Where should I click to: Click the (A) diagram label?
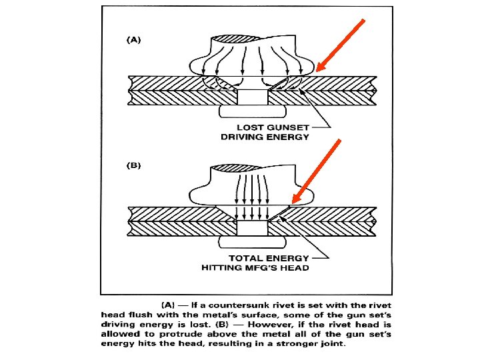(134, 40)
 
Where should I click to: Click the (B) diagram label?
(134, 163)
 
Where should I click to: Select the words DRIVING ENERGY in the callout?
(265, 137)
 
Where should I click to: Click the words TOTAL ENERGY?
(269, 257)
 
